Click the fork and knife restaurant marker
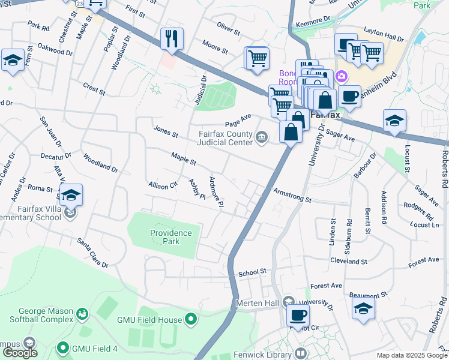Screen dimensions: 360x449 click(x=172, y=39)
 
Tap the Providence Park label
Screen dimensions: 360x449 click(x=171, y=237)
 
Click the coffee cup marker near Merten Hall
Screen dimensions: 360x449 click(x=298, y=314)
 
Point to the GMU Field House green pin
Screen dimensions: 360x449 click(x=191, y=320)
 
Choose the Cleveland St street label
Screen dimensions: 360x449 click(x=348, y=262)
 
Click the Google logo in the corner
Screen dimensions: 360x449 click(x=19, y=353)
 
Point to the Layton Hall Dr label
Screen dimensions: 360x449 click(x=383, y=37)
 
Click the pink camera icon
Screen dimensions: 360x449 click(x=342, y=76)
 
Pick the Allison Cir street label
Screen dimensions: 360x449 click(x=163, y=186)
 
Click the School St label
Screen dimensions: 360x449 click(x=252, y=272)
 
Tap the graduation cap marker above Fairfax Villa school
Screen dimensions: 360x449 click(x=71, y=194)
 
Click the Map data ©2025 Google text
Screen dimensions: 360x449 click(x=412, y=355)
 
